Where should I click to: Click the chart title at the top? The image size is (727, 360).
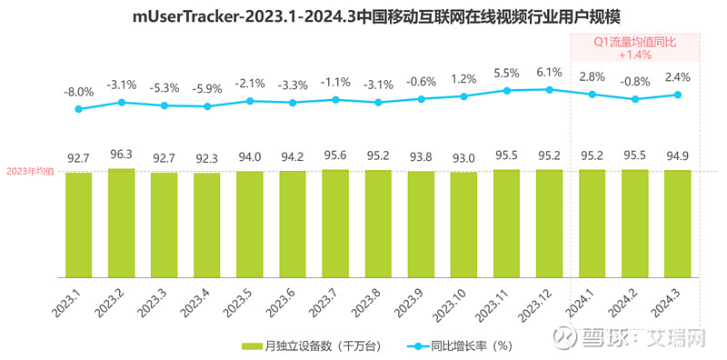[x=363, y=15]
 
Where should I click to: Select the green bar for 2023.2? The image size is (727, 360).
[x=121, y=223]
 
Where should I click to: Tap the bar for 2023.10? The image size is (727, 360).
[x=463, y=225]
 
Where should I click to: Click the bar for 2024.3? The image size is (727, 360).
[x=677, y=224]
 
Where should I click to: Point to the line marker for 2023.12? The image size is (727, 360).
[x=549, y=89]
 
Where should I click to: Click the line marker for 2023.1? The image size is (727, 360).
[x=78, y=109]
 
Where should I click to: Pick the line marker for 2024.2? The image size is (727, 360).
[x=634, y=99]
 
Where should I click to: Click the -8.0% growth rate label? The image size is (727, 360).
[x=78, y=92]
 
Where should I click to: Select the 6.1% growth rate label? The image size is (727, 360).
[x=549, y=72]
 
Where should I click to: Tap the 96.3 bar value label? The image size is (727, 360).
[x=121, y=155]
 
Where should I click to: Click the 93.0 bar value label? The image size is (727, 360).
[x=463, y=158]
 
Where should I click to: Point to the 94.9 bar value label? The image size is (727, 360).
[x=677, y=155]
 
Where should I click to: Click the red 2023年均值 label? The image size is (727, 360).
[x=31, y=171]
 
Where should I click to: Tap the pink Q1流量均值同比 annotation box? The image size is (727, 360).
[x=634, y=47]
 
